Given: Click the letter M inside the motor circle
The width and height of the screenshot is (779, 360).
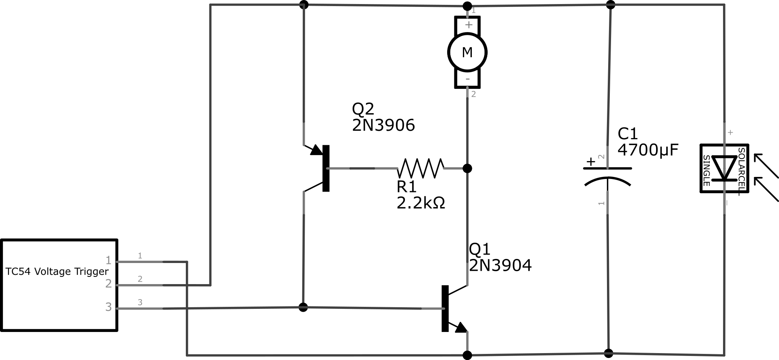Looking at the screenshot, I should (x=467, y=52).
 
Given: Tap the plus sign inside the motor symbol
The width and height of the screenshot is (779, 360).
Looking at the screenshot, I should (x=469, y=25).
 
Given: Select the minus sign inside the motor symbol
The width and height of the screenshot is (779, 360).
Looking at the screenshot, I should (x=468, y=79).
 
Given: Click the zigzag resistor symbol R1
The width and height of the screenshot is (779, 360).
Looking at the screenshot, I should (x=421, y=168).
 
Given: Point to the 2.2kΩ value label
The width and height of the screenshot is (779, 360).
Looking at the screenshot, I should (x=421, y=203).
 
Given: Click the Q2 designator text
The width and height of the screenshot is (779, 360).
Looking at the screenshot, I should (x=363, y=109).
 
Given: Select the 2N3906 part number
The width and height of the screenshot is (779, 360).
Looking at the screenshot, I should (x=383, y=125).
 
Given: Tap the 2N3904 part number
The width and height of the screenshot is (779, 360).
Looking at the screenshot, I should (x=500, y=265).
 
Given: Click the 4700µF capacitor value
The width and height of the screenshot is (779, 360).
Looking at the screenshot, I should (x=648, y=150).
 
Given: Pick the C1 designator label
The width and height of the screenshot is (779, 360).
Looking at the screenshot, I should (x=628, y=134).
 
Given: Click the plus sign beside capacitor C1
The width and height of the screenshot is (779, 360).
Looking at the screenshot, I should (x=591, y=162).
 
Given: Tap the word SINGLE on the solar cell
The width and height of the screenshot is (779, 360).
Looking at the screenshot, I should (x=706, y=170).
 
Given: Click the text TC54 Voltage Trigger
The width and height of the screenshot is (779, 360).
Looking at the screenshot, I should (x=57, y=272).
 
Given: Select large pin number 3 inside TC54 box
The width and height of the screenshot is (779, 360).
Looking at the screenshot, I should (x=108, y=307).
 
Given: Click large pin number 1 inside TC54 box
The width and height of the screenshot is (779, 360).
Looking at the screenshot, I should (x=108, y=260).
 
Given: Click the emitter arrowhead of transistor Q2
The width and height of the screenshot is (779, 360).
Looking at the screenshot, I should (x=316, y=150).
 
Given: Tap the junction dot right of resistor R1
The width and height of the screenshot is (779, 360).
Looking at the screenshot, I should (x=467, y=168).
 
